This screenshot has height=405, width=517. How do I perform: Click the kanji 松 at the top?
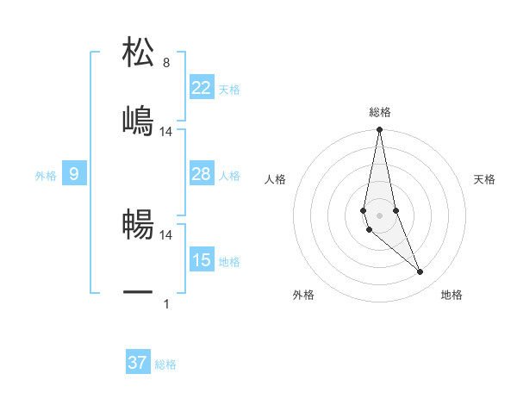pyautogui.click(x=139, y=53)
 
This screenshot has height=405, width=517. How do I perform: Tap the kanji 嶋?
pyautogui.click(x=139, y=121)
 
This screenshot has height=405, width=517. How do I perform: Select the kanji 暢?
pyautogui.click(x=139, y=224)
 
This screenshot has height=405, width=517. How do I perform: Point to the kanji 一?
pyautogui.click(x=139, y=293)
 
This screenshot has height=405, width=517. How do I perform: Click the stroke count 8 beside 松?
pyautogui.click(x=166, y=63)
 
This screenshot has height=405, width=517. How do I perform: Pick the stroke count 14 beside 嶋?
pyautogui.click(x=166, y=132)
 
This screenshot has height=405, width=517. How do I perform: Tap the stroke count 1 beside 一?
pyautogui.click(x=166, y=303)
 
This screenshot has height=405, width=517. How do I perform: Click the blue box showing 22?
pyautogui.click(x=202, y=88)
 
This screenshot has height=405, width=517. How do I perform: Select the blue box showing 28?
pyautogui.click(x=202, y=174)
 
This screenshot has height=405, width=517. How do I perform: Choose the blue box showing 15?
pyautogui.click(x=202, y=260)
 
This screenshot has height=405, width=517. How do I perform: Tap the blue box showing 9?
pyautogui.click(x=74, y=174)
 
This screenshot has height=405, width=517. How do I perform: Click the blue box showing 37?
pyautogui.click(x=138, y=363)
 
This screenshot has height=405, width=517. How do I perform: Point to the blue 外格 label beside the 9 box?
pyautogui.click(x=46, y=176)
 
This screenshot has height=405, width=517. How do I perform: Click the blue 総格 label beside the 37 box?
pyautogui.click(x=165, y=364)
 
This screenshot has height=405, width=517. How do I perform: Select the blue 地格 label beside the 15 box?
pyautogui.click(x=229, y=262)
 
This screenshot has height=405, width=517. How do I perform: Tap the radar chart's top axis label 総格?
pyautogui.click(x=380, y=112)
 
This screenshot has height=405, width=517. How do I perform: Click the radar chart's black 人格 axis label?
pyautogui.click(x=276, y=179)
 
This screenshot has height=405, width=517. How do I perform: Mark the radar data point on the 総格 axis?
pyautogui.click(x=379, y=130)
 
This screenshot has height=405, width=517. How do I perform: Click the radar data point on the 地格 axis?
pyautogui.click(x=420, y=272)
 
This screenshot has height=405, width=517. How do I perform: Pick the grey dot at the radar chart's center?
pyautogui.click(x=379, y=215)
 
